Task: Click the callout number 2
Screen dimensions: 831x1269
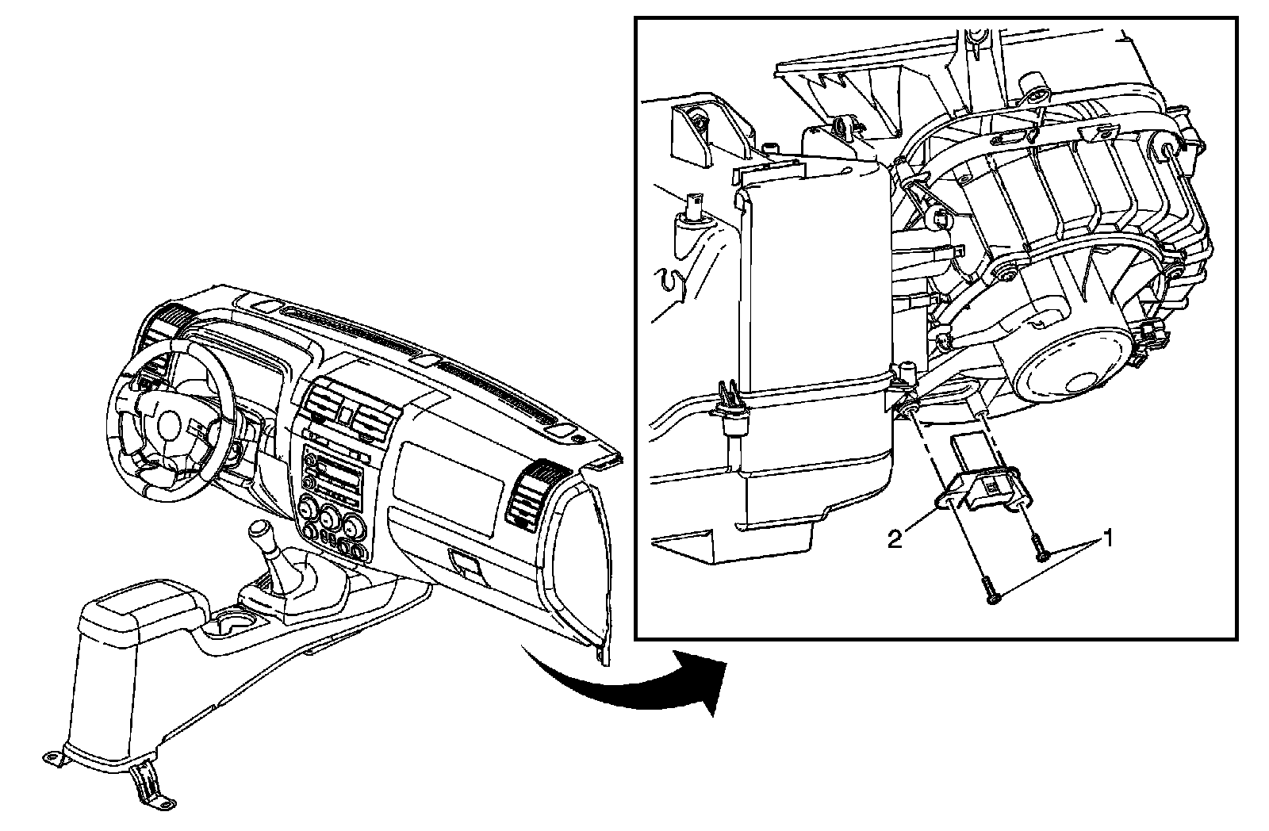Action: coord(895,541)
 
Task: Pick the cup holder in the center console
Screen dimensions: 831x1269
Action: coord(235,621)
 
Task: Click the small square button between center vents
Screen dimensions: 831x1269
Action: coord(346,412)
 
